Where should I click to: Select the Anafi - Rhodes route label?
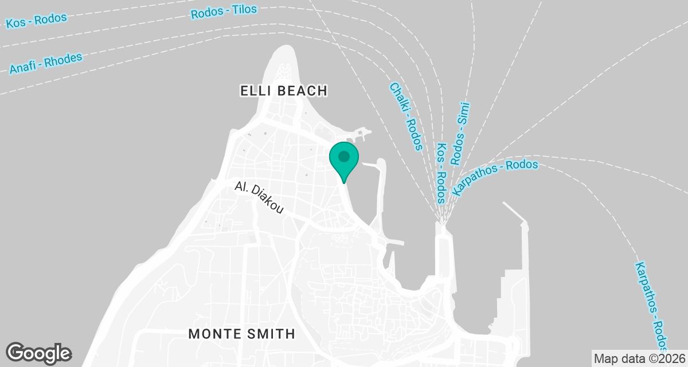pos(46,64)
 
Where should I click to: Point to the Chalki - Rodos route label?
pos(405,116)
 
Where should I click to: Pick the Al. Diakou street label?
pos(259,198)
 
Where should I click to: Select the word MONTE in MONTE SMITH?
pos(213,334)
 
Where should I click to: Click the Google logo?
pos(38,353)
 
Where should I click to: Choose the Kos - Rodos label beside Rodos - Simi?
pos(441,174)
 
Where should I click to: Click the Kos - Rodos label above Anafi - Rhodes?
pos(36,21)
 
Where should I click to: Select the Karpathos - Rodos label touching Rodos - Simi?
pos(495,177)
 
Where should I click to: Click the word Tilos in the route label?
pos(244,10)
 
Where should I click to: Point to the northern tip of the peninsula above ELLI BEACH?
pos(285,49)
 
